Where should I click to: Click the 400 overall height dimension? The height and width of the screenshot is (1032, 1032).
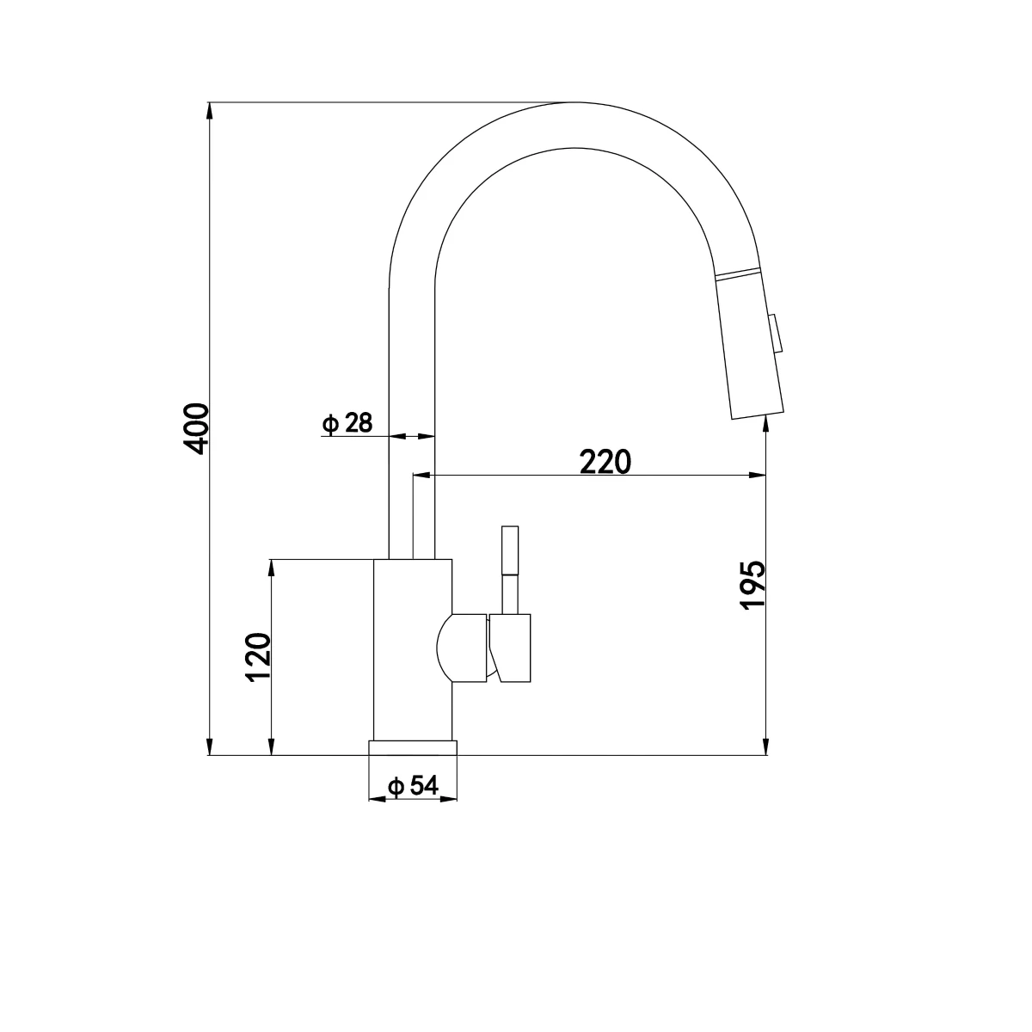(x=197, y=427)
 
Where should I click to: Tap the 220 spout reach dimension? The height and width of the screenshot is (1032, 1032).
(x=605, y=462)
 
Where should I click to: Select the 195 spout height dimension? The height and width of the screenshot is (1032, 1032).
(x=752, y=585)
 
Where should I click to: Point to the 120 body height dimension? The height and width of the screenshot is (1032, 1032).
(x=259, y=658)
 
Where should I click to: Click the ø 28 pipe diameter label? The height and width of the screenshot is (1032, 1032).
(x=347, y=423)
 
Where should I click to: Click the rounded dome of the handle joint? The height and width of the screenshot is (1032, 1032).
(x=447, y=649)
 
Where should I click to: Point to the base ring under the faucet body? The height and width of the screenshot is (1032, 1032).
(x=413, y=747)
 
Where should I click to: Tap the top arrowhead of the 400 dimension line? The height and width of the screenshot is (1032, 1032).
(x=209, y=110)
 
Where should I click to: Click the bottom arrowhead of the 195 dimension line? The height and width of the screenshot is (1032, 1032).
(x=765, y=748)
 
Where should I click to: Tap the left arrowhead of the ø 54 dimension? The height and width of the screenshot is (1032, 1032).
(x=375, y=799)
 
